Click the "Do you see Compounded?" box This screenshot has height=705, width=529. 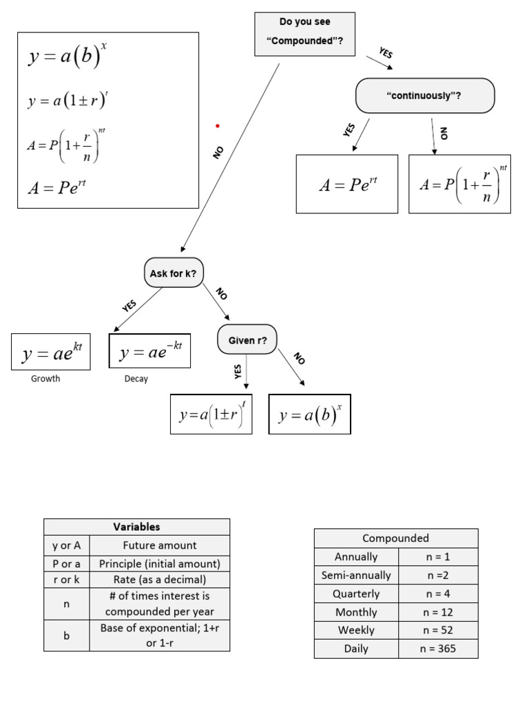click(304, 34)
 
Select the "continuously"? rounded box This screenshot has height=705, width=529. click(424, 96)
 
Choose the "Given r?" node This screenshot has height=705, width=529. click(247, 339)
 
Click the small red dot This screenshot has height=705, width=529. click(218, 126)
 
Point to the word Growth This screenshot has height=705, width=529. click(45, 379)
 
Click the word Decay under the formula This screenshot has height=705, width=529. click(136, 379)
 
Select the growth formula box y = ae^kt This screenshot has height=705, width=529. click(51, 352)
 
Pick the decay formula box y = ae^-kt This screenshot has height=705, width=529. click(149, 351)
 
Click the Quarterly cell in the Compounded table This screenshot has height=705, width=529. click(355, 593)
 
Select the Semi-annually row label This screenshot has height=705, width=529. click(355, 575)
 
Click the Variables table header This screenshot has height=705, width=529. click(136, 527)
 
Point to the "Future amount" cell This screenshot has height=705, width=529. click(159, 545)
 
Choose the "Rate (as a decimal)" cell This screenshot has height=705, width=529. click(159, 580)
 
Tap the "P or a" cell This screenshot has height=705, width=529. click(66, 563)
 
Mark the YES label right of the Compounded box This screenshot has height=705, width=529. click(386, 52)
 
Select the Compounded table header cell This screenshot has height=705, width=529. click(395, 538)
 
